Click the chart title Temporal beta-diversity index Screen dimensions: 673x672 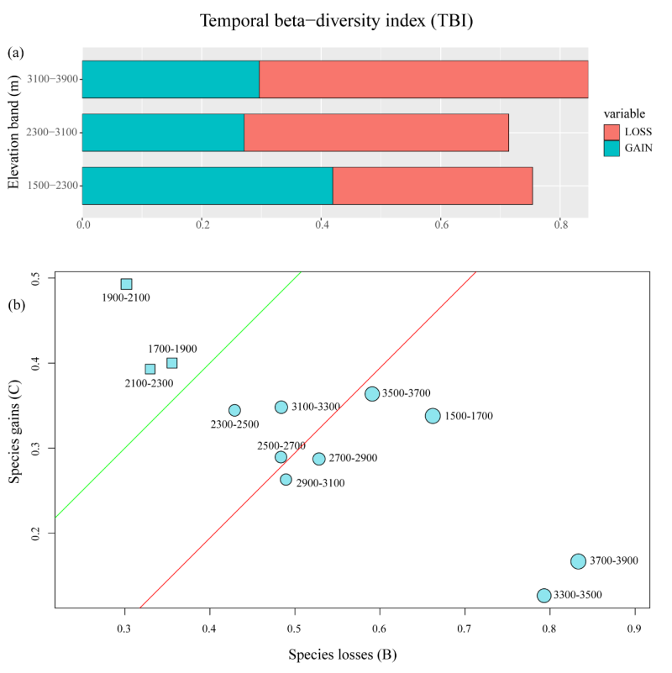pyautogui.click(x=336, y=20)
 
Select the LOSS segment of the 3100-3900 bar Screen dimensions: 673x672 pyautogui.click(x=423, y=79)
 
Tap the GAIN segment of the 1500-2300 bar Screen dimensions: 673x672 pyautogui.click(x=207, y=186)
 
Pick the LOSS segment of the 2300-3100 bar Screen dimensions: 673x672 pyautogui.click(x=376, y=133)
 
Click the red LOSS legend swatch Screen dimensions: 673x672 pyautogui.click(x=612, y=132)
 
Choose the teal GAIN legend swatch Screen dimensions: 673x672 pyautogui.click(x=612, y=148)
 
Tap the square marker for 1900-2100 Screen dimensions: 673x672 pyautogui.click(x=126, y=284)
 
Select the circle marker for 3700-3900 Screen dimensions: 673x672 pyautogui.click(x=578, y=561)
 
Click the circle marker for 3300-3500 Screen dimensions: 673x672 pyautogui.click(x=544, y=595)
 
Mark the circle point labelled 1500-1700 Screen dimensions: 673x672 pyautogui.click(x=433, y=416)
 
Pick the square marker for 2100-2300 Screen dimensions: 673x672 pyautogui.click(x=150, y=369)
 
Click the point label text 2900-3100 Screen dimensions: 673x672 pyautogui.click(x=320, y=483)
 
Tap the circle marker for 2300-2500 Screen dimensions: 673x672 pyautogui.click(x=234, y=410)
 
